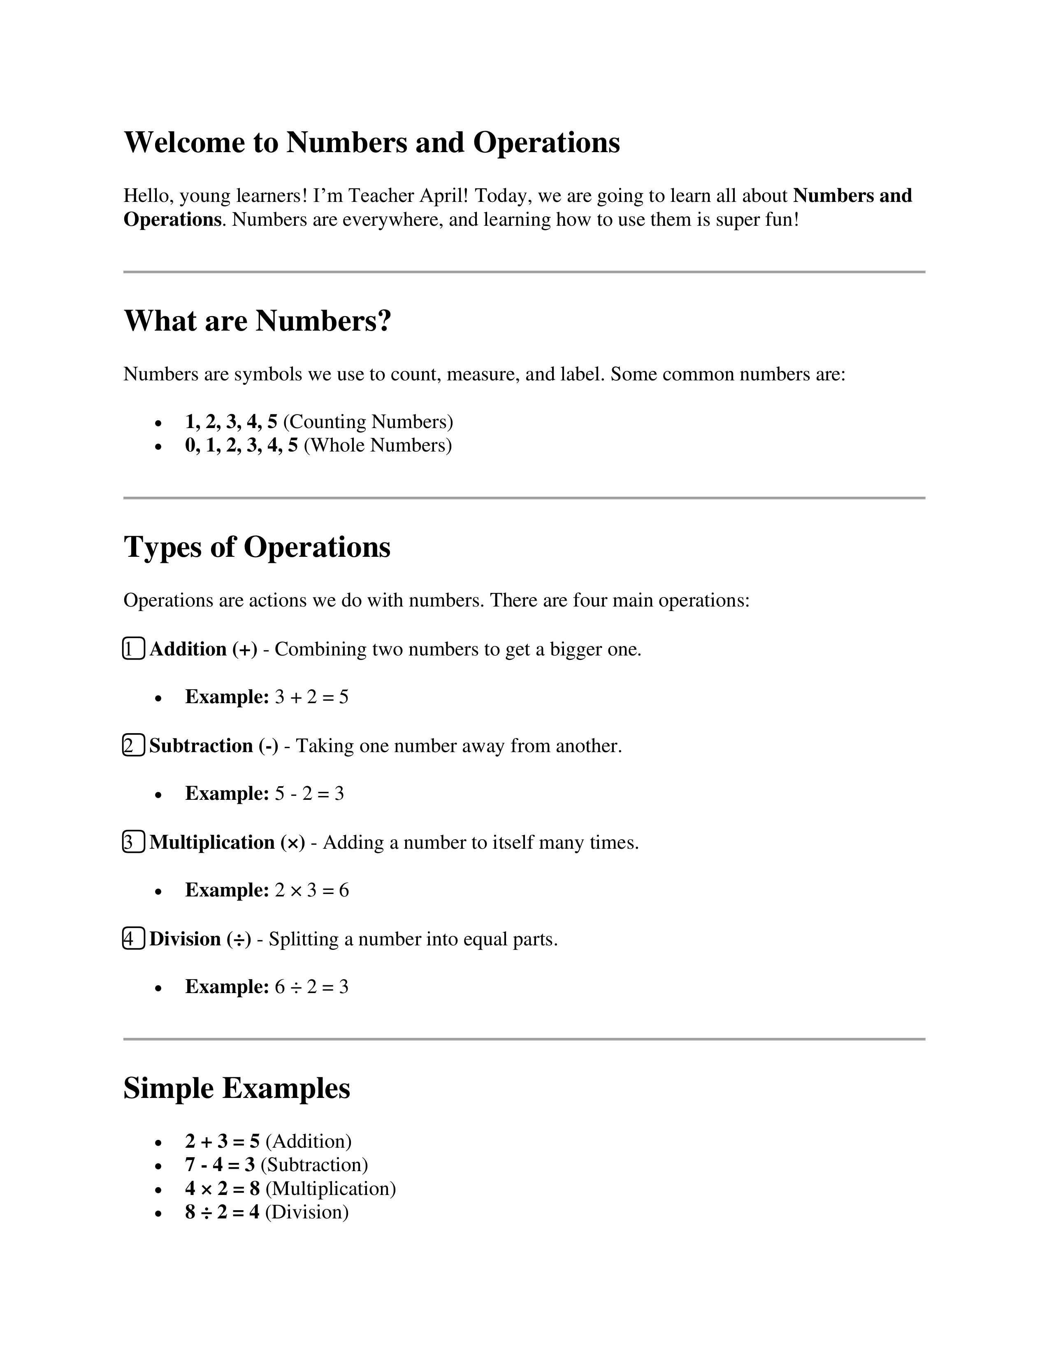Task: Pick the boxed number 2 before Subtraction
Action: click(134, 746)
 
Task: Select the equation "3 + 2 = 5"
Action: click(311, 697)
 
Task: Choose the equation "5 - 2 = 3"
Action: click(309, 794)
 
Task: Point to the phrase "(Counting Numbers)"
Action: click(368, 422)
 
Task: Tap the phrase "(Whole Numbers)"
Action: click(378, 445)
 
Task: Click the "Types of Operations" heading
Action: click(257, 547)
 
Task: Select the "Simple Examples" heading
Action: click(237, 1088)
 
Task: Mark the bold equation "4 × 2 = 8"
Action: click(223, 1189)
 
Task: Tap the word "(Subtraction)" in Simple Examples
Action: click(314, 1165)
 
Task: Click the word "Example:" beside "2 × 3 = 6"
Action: click(227, 890)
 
